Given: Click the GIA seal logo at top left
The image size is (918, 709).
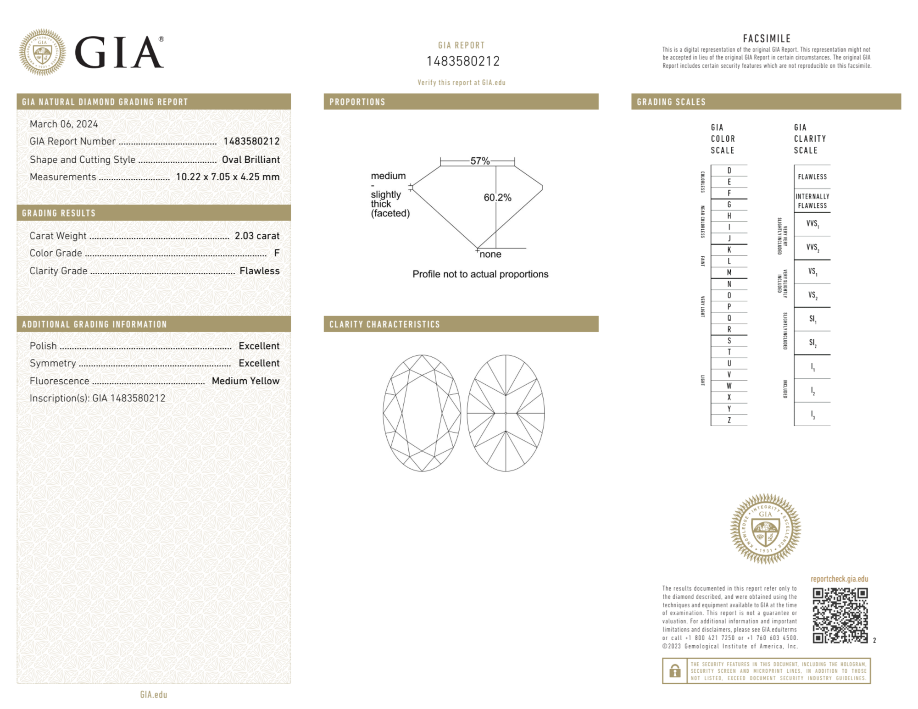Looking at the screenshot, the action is [42, 52].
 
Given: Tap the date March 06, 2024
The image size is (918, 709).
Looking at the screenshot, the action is [64, 124].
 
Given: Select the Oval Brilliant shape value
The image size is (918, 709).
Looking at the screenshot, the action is [250, 160].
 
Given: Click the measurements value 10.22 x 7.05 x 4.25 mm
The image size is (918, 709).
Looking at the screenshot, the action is [228, 177].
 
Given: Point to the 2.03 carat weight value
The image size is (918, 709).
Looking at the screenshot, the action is [257, 236].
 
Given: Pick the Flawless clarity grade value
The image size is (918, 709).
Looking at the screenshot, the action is [260, 271].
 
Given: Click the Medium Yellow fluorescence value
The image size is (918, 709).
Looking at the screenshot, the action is [245, 381].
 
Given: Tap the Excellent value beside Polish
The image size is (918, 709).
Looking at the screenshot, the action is [259, 346].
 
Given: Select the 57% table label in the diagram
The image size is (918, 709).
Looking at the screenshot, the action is [480, 161].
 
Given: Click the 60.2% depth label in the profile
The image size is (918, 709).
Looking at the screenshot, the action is [497, 198].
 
